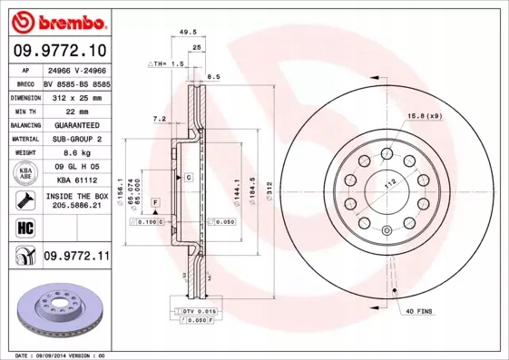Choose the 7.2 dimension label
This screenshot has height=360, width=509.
[x=159, y=118]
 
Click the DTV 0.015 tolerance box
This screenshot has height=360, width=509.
[x=199, y=311]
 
